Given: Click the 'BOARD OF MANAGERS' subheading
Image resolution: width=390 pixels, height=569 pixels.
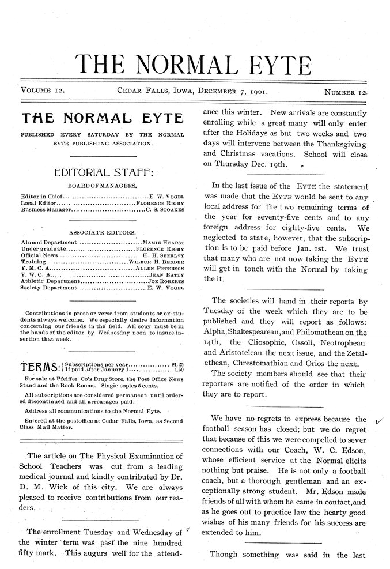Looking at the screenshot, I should click(x=102, y=186).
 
